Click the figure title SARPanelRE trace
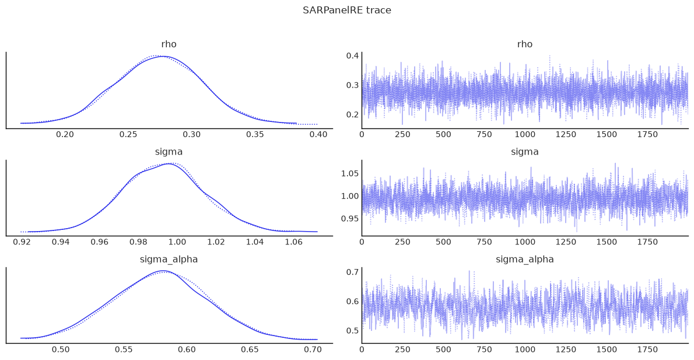pyautogui.click(x=347, y=10)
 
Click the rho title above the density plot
pyautogui.click(x=169, y=44)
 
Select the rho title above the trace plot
pyautogui.click(x=524, y=44)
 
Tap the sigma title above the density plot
pyautogui.click(x=169, y=152)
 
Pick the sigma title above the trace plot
pyautogui.click(x=524, y=152)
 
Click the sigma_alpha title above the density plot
pyautogui.click(x=169, y=260)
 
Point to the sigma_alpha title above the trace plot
pyautogui.click(x=524, y=260)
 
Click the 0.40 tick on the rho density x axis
pyautogui.click(x=318, y=135)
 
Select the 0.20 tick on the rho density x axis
pyautogui.click(x=65, y=135)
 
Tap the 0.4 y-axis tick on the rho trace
pyautogui.click(x=352, y=56)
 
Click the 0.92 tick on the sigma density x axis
pyautogui.click(x=22, y=242)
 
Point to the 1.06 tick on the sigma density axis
pyautogui.click(x=293, y=242)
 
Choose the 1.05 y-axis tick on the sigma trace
pyautogui.click(x=350, y=173)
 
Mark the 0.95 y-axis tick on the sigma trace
pyautogui.click(x=350, y=218)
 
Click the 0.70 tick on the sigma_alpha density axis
pyautogui.click(x=313, y=349)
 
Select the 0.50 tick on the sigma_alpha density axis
pyautogui.click(x=61, y=349)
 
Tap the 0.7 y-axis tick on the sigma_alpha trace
pyautogui.click(x=352, y=272)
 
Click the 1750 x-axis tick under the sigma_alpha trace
pyautogui.click(x=647, y=349)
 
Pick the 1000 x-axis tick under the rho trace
pyautogui.click(x=525, y=135)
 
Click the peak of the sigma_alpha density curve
pyautogui.click(x=163, y=271)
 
